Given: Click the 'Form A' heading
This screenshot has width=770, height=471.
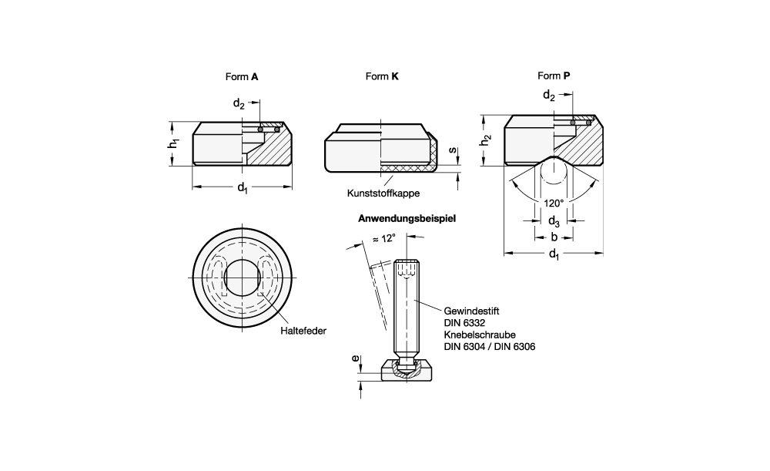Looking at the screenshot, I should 241,76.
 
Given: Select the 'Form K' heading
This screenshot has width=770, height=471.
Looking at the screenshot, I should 382,76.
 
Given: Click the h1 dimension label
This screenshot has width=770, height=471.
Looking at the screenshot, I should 176,143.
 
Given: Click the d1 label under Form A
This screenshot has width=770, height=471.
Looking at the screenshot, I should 243,187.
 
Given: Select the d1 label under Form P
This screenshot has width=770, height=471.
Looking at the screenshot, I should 554,254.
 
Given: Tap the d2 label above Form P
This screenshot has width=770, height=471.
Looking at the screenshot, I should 549,95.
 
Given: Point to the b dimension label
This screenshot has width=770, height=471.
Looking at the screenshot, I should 554,237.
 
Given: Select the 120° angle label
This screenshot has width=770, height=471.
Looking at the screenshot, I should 554,203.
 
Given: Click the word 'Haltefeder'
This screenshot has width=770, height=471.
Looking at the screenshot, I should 303,331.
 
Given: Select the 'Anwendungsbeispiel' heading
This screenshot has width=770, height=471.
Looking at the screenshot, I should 407,218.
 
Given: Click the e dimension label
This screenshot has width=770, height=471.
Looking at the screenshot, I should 355,359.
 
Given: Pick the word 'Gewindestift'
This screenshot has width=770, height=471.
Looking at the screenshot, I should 471,310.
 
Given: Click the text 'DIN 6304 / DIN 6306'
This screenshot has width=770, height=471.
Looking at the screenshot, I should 490,347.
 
